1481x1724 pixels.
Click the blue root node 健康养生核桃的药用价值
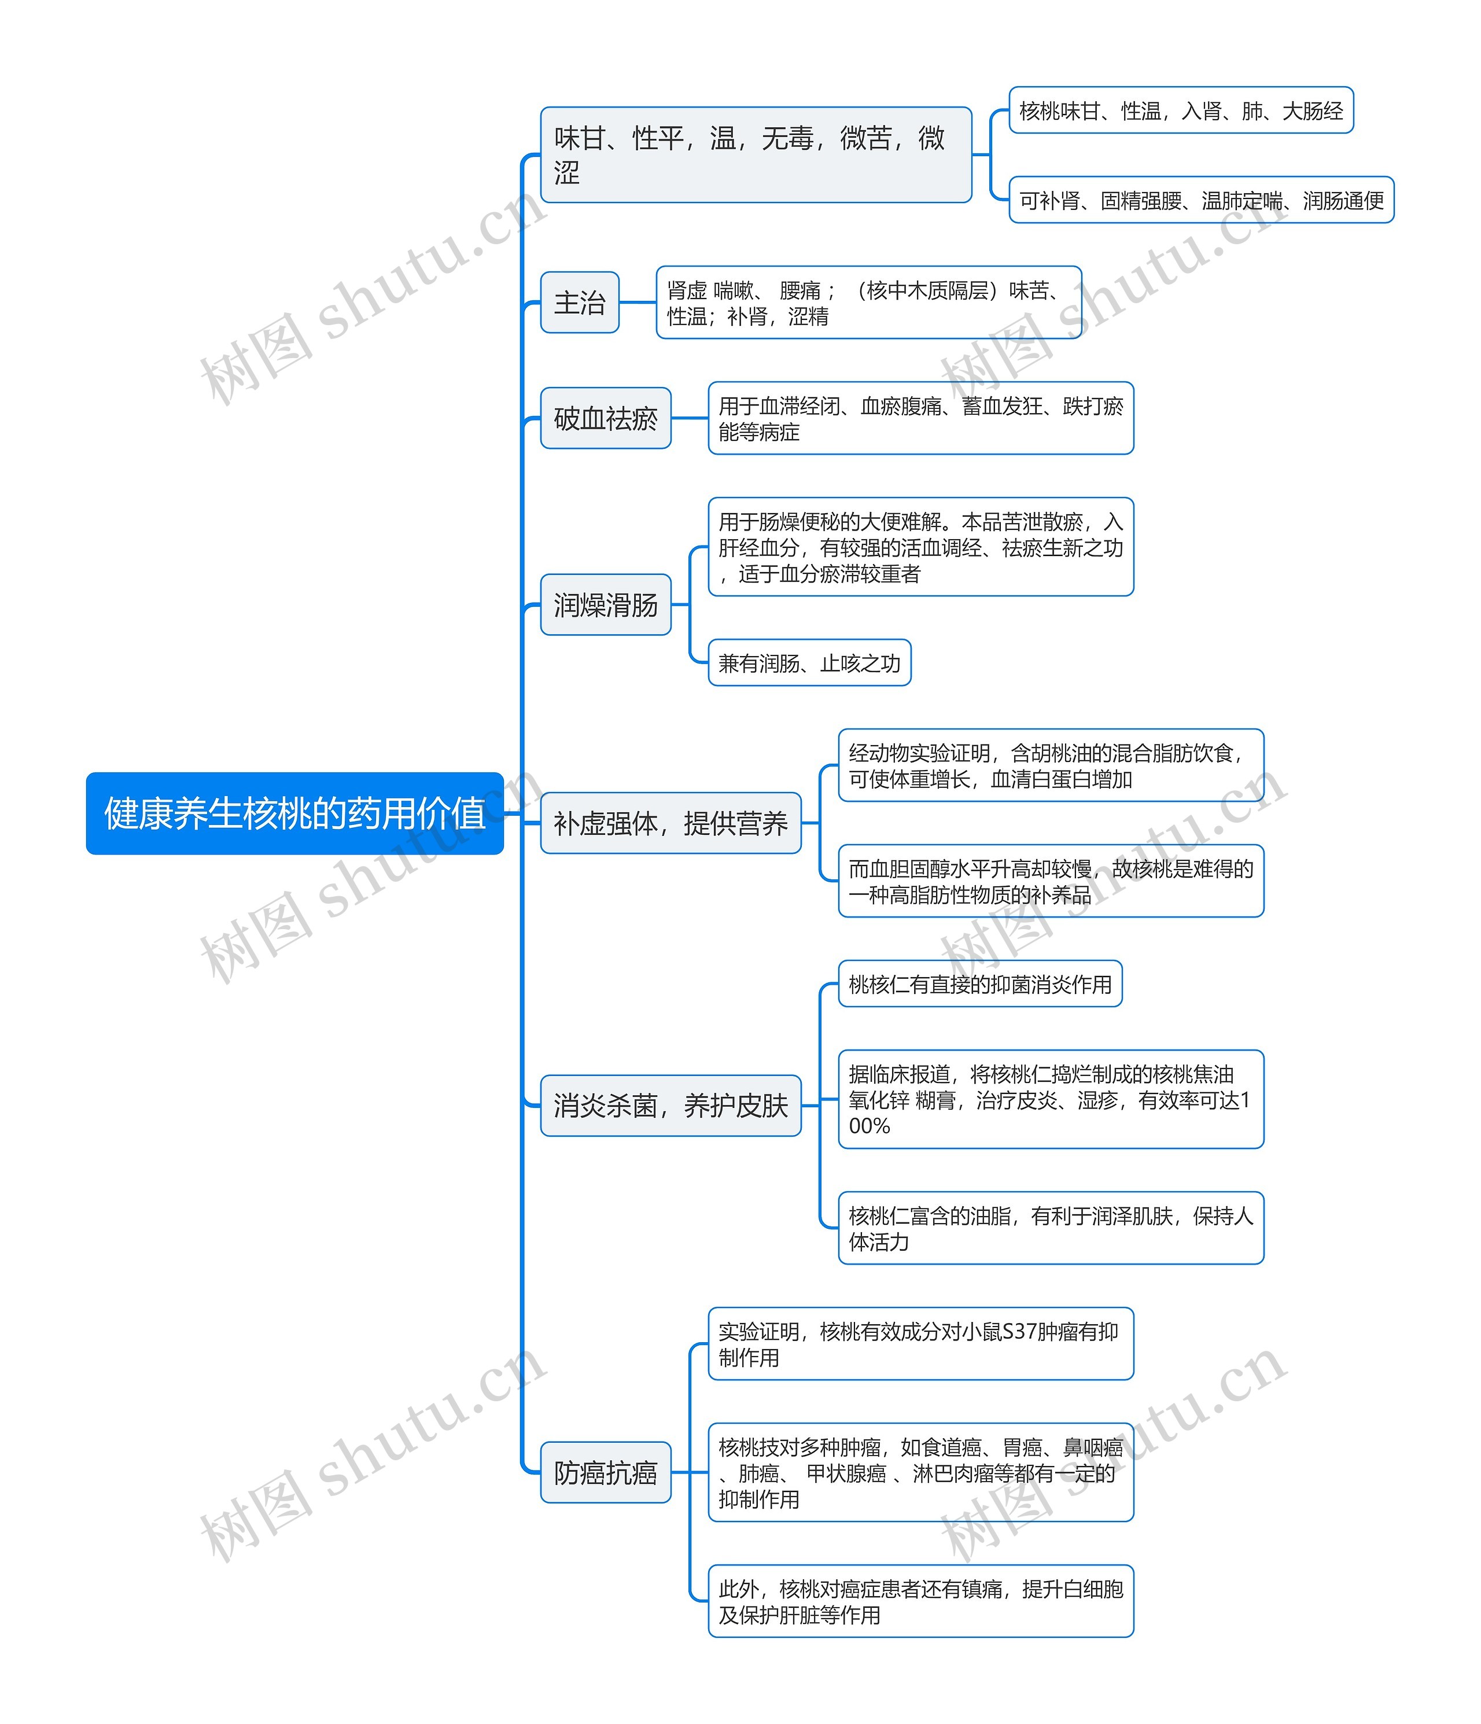coord(294,813)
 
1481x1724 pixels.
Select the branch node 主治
coord(579,302)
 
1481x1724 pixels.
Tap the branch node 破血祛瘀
coord(605,418)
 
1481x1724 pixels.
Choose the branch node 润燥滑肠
coord(605,604)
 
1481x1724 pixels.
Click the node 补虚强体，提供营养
coord(670,823)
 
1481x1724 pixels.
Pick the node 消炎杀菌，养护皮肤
coord(670,1105)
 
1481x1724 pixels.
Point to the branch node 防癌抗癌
coord(605,1472)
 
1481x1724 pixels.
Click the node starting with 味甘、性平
coord(756,155)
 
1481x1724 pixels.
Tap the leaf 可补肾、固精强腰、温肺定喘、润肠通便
coord(1200,200)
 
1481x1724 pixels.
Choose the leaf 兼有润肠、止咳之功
coord(809,662)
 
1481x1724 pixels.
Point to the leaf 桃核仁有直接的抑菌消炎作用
coord(979,983)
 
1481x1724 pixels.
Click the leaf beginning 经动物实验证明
coord(1050,765)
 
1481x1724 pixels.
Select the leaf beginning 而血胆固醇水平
coord(1050,881)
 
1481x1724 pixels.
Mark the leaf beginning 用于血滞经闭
coord(920,418)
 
